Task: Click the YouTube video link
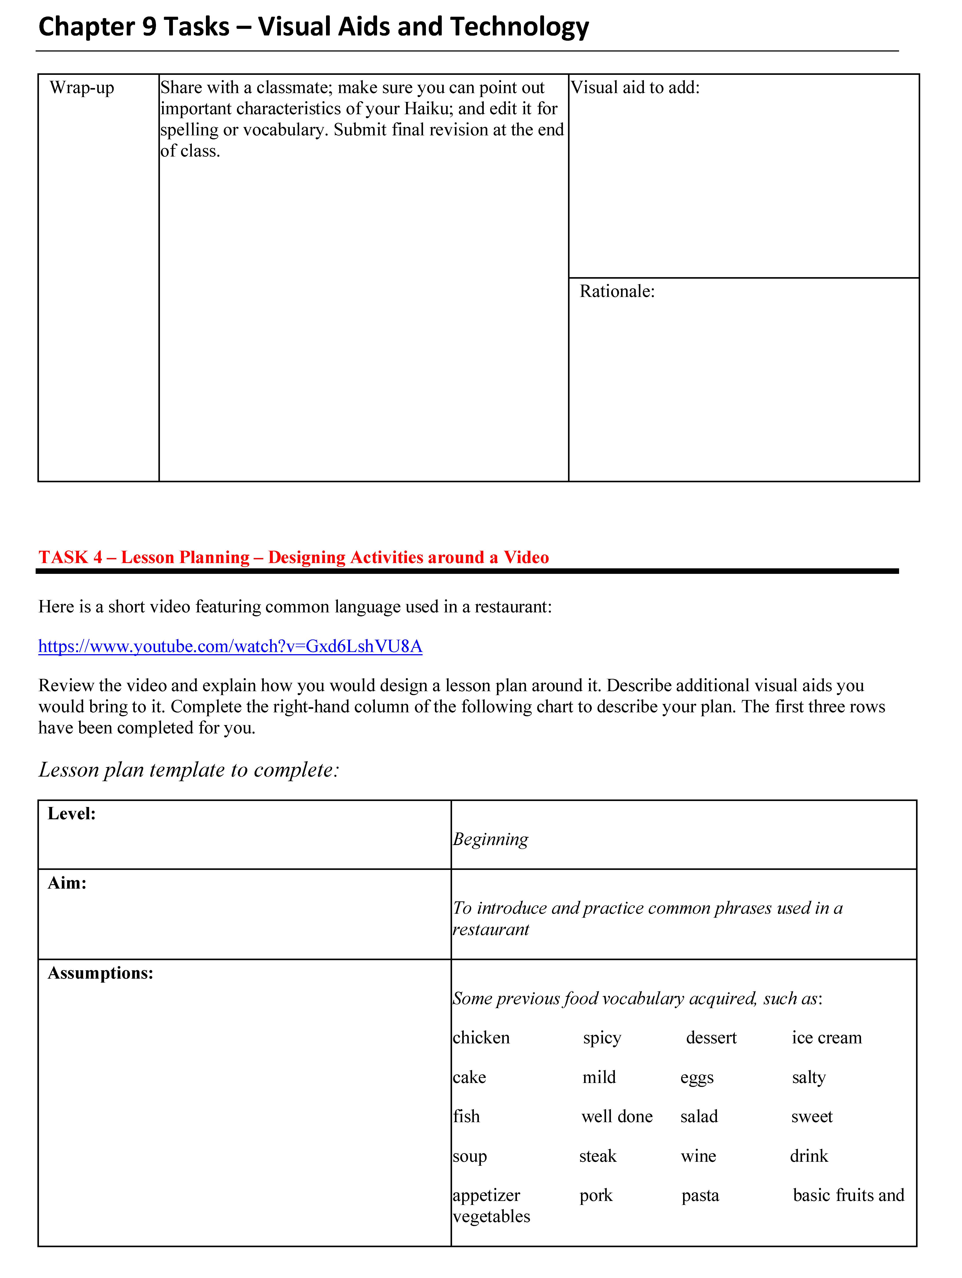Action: click(230, 646)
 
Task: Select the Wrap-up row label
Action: click(82, 88)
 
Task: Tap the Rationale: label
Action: click(617, 291)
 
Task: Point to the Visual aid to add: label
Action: click(635, 88)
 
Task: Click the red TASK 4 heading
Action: click(293, 557)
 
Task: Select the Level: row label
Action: click(71, 814)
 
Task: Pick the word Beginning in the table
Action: click(490, 839)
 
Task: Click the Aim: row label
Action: click(67, 883)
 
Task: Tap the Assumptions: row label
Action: click(101, 973)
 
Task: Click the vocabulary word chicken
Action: click(481, 1038)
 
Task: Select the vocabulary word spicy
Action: click(602, 1038)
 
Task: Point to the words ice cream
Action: click(826, 1038)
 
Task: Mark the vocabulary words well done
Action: click(617, 1116)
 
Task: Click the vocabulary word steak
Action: click(598, 1156)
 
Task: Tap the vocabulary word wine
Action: click(698, 1156)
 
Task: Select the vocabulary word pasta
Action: click(700, 1195)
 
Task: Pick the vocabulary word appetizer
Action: click(486, 1195)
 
